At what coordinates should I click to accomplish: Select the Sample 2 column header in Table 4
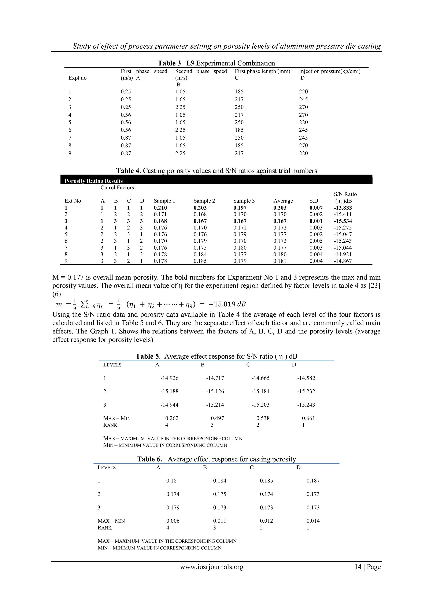[204, 201]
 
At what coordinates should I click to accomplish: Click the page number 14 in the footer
[358, 567]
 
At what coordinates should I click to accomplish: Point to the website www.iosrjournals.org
[212, 567]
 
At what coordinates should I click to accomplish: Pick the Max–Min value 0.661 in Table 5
[308, 418]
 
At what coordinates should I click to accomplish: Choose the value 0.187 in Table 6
[313, 481]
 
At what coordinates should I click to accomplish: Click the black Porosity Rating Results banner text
[94, 181]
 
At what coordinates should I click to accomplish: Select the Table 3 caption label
[169, 63]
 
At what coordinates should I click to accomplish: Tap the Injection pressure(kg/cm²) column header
[330, 71]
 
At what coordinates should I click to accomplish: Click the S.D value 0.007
[316, 208]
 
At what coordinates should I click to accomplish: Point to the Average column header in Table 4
[283, 201]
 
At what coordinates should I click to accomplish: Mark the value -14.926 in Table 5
[169, 378]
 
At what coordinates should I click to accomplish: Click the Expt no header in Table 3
[77, 78]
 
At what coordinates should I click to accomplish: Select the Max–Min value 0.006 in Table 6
[173, 520]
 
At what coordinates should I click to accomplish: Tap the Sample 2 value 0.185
[200, 261]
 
